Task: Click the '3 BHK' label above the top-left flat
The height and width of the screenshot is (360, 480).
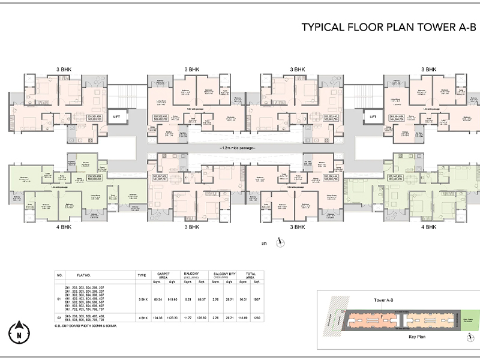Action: [x=63, y=70]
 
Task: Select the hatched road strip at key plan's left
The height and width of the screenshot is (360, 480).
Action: [x=328, y=320]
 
